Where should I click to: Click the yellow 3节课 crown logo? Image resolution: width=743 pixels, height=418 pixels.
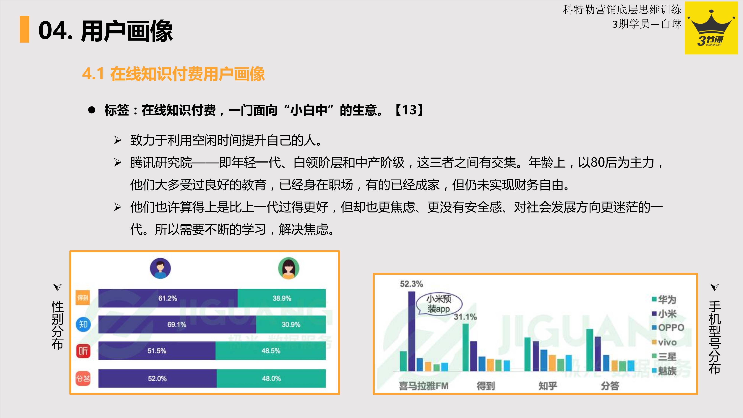[x=711, y=28]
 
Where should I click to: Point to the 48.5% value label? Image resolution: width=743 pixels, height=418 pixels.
[x=271, y=351]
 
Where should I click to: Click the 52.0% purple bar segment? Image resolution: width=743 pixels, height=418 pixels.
[x=158, y=378]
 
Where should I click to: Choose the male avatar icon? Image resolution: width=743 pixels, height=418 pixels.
[x=160, y=268]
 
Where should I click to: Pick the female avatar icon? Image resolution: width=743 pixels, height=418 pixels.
[x=288, y=268]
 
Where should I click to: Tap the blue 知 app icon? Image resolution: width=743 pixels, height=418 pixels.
[x=83, y=325]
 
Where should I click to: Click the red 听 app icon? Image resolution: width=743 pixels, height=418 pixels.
[x=83, y=351]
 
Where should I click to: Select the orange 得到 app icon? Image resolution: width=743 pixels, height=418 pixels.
[x=83, y=297]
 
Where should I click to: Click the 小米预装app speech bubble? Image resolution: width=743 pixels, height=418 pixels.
[x=439, y=304]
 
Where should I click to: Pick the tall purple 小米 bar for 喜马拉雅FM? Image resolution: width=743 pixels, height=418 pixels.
[x=412, y=331]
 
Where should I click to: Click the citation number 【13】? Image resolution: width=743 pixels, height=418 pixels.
[x=409, y=110]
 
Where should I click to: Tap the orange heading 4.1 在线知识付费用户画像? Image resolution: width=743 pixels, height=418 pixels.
[x=173, y=74]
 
